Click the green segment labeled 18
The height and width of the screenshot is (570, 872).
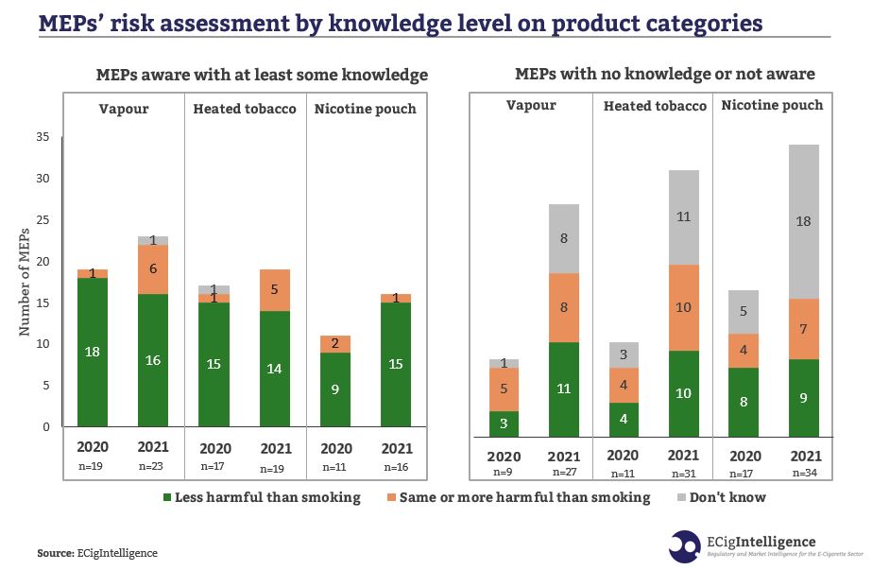click(92, 352)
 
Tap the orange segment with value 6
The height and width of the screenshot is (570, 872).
click(152, 268)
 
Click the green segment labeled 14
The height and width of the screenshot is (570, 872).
click(274, 369)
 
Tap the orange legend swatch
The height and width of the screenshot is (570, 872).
click(390, 497)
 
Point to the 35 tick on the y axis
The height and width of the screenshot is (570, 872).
click(42, 137)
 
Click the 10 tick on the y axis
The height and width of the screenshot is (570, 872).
click(42, 344)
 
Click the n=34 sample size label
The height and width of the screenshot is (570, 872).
click(805, 473)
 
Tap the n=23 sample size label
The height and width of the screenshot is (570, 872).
click(152, 466)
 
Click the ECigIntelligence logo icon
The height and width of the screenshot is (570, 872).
click(685, 546)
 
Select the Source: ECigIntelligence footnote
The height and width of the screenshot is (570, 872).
click(97, 553)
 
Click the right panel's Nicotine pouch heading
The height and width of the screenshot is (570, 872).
click(772, 105)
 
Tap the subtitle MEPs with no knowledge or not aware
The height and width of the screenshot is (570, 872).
click(664, 74)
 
